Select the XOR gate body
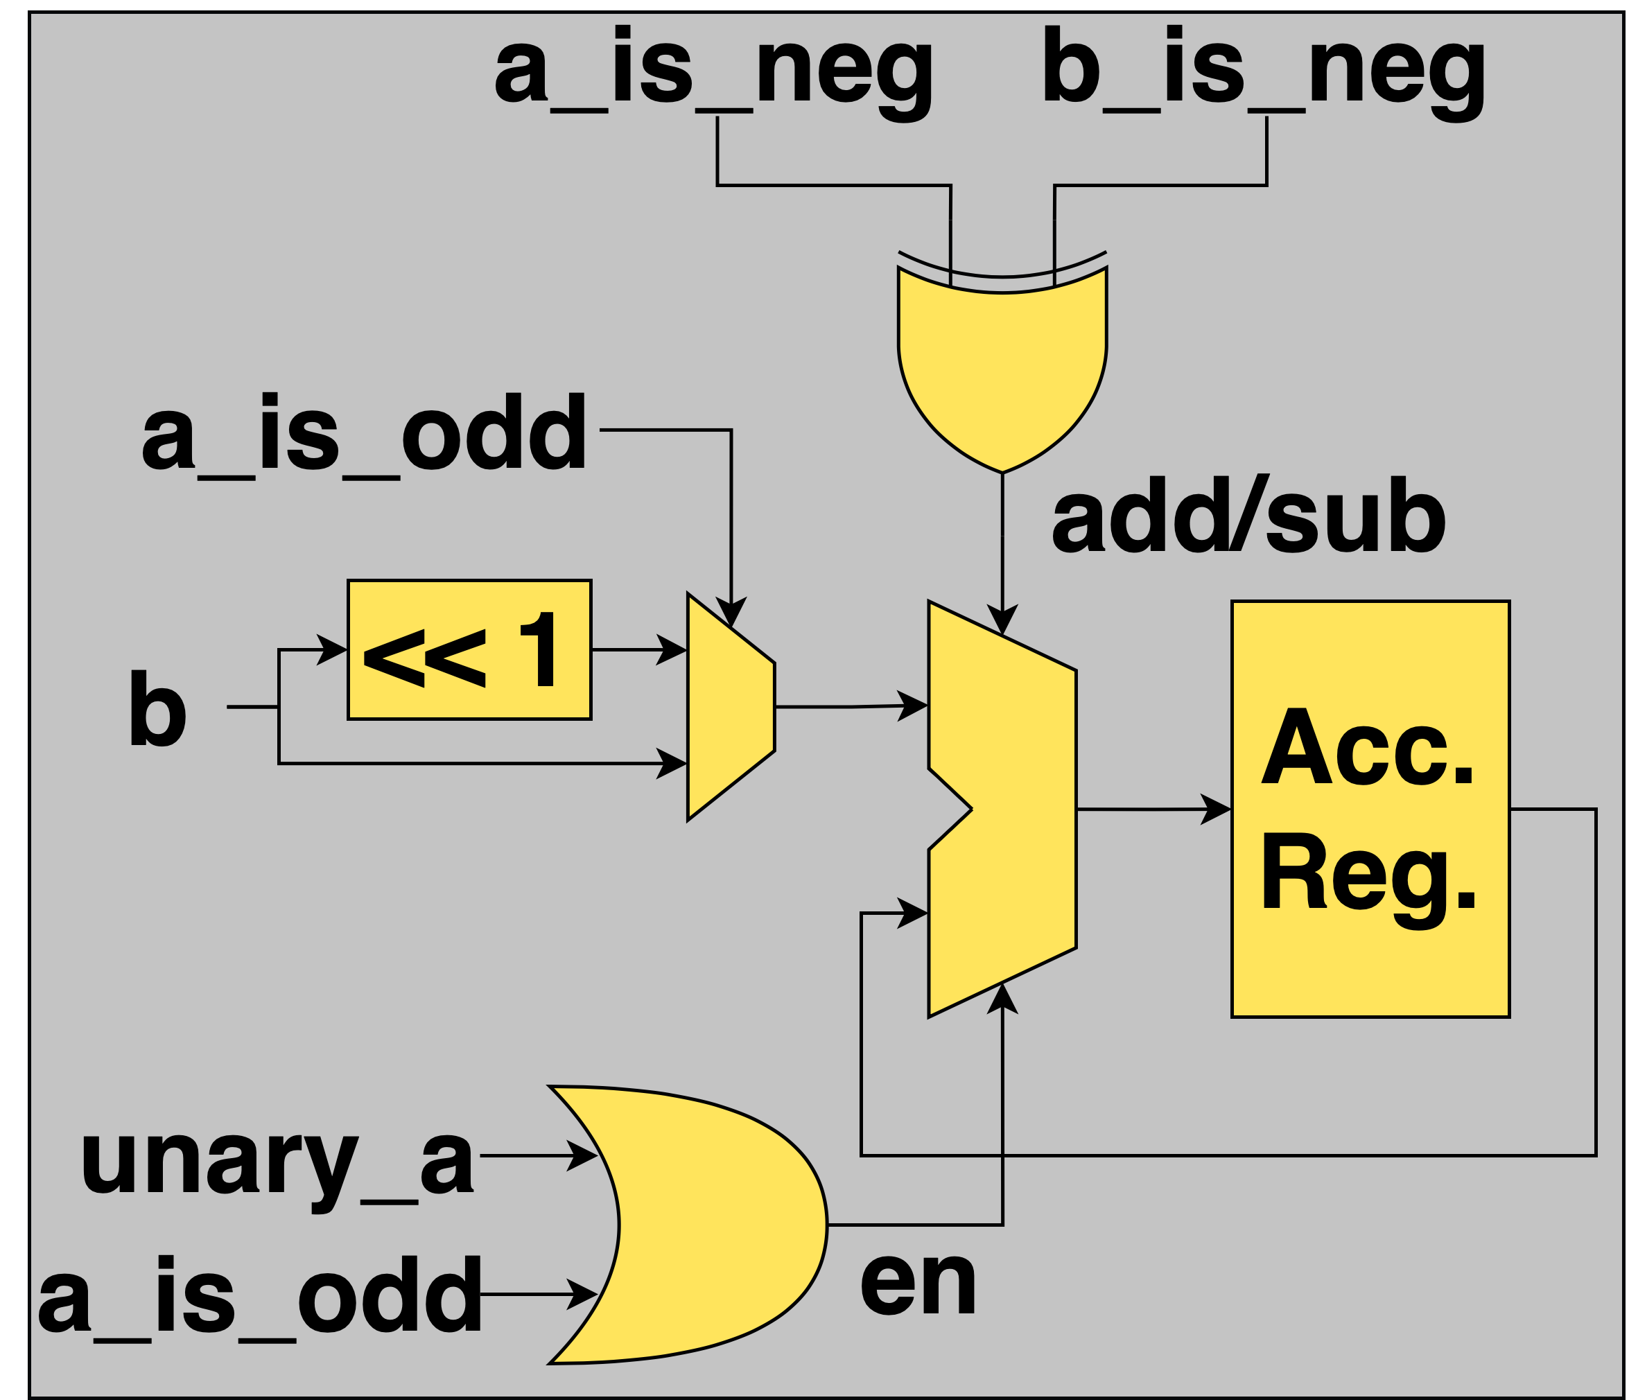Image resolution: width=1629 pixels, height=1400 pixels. pyautogui.click(x=1002, y=369)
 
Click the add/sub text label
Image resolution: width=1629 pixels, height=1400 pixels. pyautogui.click(x=1248, y=520)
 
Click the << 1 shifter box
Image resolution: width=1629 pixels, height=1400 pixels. pyautogui.click(x=469, y=650)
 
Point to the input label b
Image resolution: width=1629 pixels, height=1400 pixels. pyautogui.click(x=157, y=708)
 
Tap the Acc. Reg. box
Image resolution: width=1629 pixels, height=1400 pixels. pyautogui.click(x=1370, y=809)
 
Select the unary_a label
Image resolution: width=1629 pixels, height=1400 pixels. pyautogui.click(x=277, y=1159)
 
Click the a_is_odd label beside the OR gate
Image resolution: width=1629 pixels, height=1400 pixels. pyautogui.click(x=259, y=1295)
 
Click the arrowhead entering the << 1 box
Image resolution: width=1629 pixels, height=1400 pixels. pyautogui.click(x=333, y=649)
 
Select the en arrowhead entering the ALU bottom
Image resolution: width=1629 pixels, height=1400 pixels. pyautogui.click(x=1002, y=997)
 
